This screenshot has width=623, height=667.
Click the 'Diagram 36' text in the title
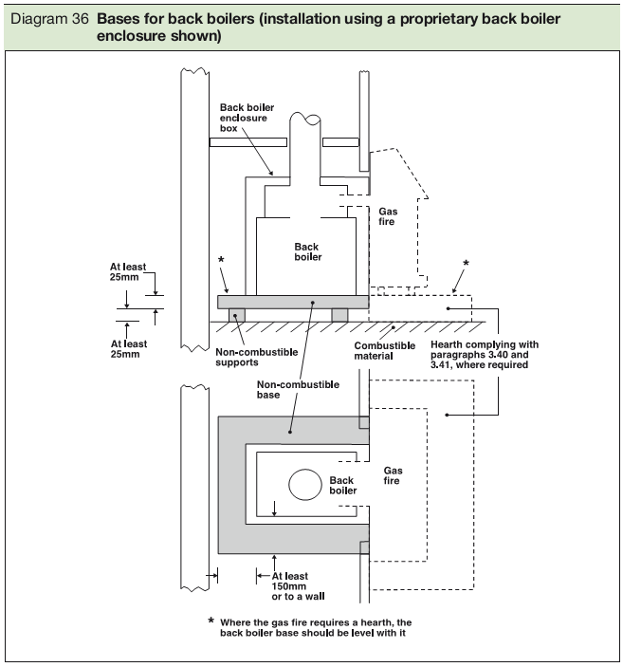point(47,19)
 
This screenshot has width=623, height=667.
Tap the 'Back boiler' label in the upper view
point(307,251)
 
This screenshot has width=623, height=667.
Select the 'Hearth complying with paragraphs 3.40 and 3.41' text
point(484,353)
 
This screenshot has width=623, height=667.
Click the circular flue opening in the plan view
point(305,486)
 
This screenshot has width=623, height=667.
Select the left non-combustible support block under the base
point(236,314)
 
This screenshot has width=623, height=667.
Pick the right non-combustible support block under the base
point(339,314)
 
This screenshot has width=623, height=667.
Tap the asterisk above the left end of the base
point(221,260)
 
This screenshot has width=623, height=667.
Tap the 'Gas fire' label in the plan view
point(393,475)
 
